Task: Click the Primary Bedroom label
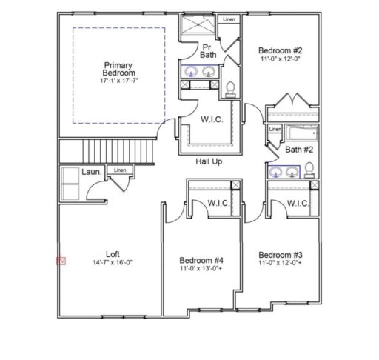[x=119, y=70]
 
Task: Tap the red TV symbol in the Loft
[x=61, y=261]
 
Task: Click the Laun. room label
[x=92, y=171]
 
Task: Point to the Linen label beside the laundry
[x=119, y=170]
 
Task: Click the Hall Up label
[x=209, y=161]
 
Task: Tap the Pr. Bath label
[x=209, y=50]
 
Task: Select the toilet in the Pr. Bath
[x=230, y=88]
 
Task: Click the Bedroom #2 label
[x=280, y=51]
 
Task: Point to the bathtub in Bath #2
[x=301, y=134]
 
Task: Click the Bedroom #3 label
[x=280, y=253]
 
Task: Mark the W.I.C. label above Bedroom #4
[x=217, y=202]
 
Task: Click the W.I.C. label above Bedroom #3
[x=297, y=203]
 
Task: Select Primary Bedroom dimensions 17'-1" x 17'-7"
[x=119, y=80]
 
